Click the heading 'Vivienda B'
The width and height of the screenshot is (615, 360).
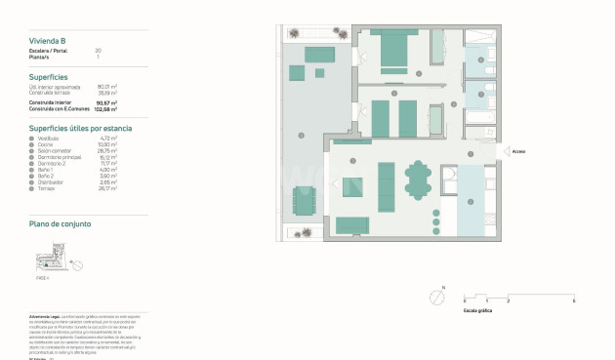pos(48,40)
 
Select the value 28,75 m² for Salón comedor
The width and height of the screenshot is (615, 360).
pos(108,151)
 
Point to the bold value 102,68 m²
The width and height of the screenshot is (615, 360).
pos(106,109)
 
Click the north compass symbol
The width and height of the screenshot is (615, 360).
pos(436,299)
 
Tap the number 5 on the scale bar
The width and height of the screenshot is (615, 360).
pos(574,300)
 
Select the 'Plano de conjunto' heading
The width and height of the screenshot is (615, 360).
pos(60,224)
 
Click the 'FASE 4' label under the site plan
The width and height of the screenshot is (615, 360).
pos(42,278)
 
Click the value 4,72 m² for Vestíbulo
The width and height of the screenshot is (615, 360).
pos(108,139)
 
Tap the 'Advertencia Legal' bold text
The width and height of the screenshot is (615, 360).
pos(46,317)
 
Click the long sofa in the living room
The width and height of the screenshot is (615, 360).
pos(386,185)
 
